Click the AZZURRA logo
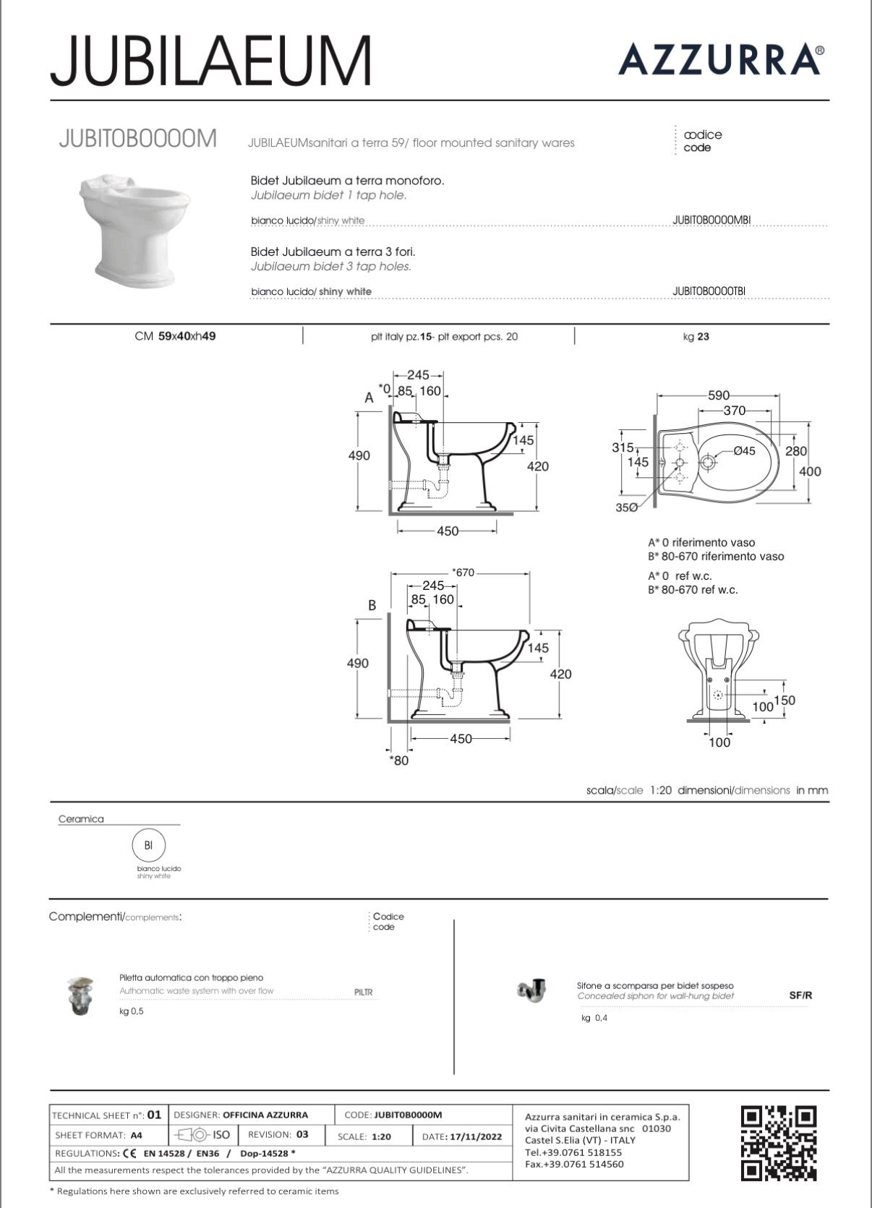(x=720, y=59)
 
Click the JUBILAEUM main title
(x=211, y=60)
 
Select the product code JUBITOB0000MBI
(x=712, y=220)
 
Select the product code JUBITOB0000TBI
(x=709, y=291)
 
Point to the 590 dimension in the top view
(x=718, y=395)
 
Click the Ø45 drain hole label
(x=744, y=451)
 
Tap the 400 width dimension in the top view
(x=810, y=471)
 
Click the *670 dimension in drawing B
(x=463, y=573)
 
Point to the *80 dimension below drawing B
(x=398, y=761)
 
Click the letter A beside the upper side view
(x=369, y=398)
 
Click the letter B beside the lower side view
(x=372, y=605)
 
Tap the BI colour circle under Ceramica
(x=148, y=844)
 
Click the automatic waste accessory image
(x=81, y=995)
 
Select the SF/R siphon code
(x=800, y=995)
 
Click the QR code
(x=779, y=1142)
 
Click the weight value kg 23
(x=696, y=336)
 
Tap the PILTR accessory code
(x=364, y=992)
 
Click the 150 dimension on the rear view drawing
(x=785, y=700)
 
